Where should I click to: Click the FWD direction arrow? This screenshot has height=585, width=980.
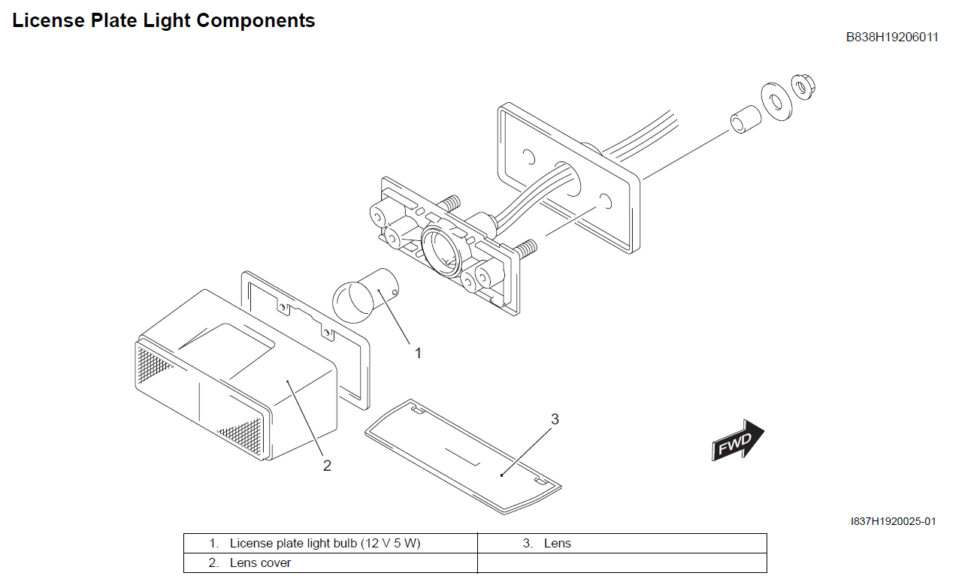[x=737, y=442]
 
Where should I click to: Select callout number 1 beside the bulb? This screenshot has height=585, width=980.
[x=419, y=352]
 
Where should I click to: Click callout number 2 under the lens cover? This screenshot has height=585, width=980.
[x=327, y=466]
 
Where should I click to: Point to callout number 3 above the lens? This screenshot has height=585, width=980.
[x=555, y=419]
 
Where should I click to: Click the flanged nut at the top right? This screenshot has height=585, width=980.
[x=803, y=88]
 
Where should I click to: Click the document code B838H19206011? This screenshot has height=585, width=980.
[x=891, y=37]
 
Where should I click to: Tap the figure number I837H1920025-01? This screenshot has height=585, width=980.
[x=893, y=521]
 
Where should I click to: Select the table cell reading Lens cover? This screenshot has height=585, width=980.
[x=260, y=562]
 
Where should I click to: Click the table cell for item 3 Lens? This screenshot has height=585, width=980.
[x=557, y=543]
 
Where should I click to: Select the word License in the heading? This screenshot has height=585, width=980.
[x=48, y=21]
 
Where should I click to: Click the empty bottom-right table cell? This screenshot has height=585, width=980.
[x=622, y=562]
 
